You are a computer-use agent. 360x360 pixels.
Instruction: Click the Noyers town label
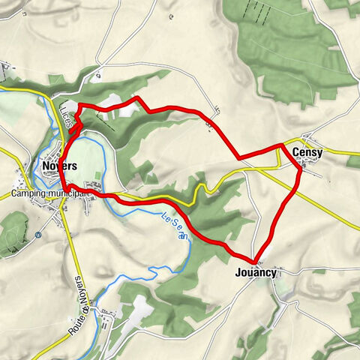click(x=61, y=166)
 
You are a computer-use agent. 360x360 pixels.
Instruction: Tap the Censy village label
click(x=307, y=153)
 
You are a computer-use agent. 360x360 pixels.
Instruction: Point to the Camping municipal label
click(x=50, y=194)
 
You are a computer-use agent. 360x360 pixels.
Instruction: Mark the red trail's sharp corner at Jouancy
click(x=256, y=262)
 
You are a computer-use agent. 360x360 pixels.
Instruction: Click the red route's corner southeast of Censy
click(x=301, y=171)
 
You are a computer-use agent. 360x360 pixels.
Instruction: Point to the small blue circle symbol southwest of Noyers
click(x=38, y=233)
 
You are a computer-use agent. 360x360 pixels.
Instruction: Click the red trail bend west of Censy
click(x=239, y=158)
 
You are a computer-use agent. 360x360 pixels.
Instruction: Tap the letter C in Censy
click(x=296, y=153)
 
